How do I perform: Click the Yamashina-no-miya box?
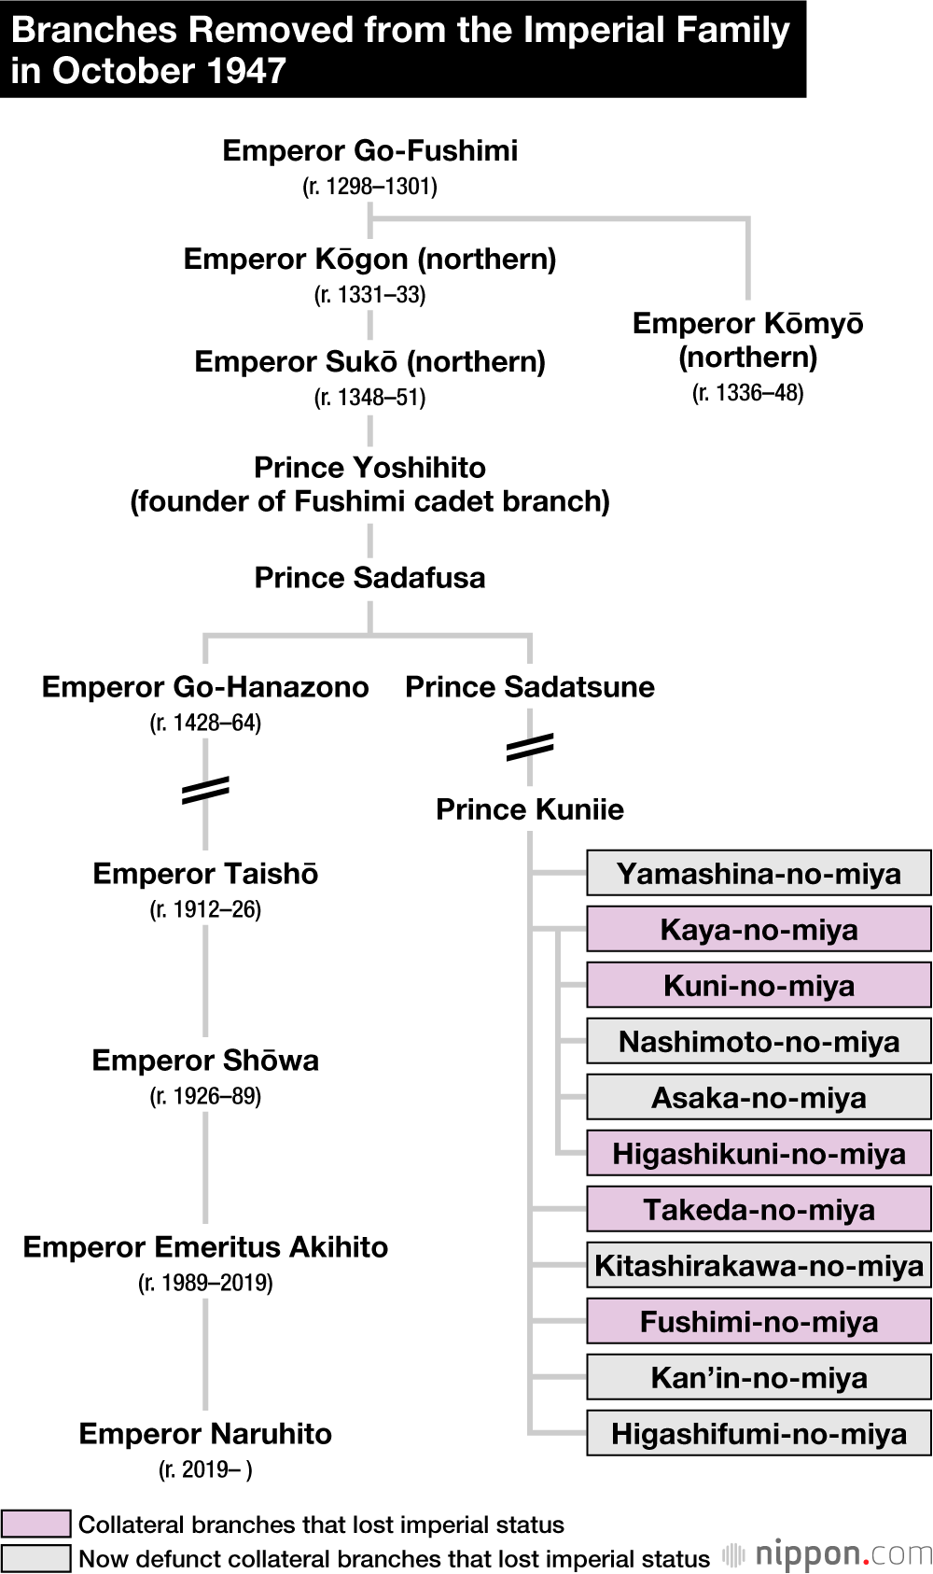(x=759, y=874)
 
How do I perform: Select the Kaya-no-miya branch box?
(x=759, y=930)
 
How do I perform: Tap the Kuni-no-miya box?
(x=759, y=986)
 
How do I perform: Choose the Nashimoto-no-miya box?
(x=759, y=1042)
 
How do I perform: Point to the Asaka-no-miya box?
(x=759, y=1098)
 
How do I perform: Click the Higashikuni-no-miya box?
(x=759, y=1154)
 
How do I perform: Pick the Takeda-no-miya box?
(x=759, y=1210)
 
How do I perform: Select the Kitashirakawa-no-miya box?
(x=759, y=1266)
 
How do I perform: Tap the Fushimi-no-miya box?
(x=759, y=1322)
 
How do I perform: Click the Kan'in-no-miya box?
(x=759, y=1378)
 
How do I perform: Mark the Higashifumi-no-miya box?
(x=759, y=1434)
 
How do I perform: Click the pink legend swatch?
(x=35, y=1524)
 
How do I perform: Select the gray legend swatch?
(x=35, y=1558)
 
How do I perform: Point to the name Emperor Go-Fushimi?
(x=369, y=150)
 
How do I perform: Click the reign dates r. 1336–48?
(x=747, y=393)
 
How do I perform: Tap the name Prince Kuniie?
(x=529, y=809)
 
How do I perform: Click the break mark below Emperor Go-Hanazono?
(x=205, y=790)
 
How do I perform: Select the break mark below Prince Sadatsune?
(x=530, y=747)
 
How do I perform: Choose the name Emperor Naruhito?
(x=205, y=1434)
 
